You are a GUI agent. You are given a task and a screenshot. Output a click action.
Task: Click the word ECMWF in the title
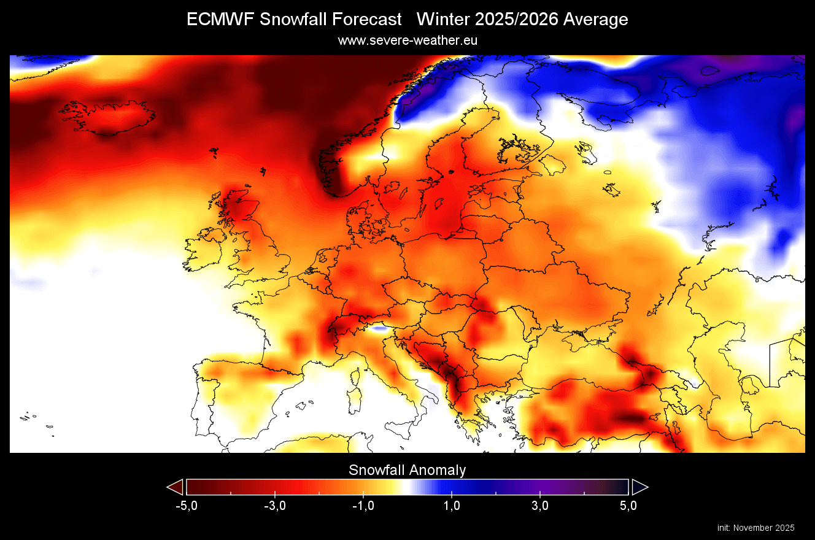tap(220, 20)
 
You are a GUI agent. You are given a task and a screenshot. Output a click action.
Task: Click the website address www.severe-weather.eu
tap(407, 40)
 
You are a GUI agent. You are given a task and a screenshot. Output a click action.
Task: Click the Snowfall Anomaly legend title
tap(407, 471)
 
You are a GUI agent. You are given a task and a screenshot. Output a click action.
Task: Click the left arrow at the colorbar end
tap(176, 487)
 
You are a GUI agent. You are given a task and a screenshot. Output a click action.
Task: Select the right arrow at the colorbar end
tap(639, 487)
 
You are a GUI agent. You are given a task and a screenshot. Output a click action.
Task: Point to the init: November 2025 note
tap(755, 528)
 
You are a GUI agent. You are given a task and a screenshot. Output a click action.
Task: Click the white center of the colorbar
tap(407, 487)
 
